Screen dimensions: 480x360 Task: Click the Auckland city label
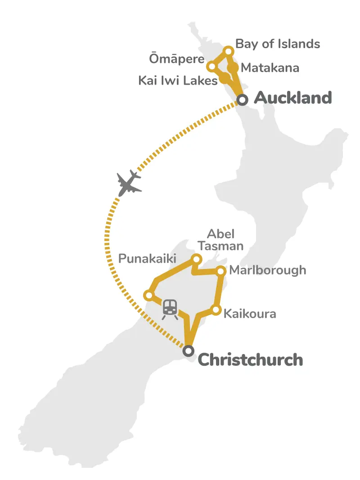[x=292, y=98]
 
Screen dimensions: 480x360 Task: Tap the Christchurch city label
[x=250, y=360]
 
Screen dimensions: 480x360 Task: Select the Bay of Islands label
[x=278, y=44]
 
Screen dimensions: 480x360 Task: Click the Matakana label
[x=270, y=68]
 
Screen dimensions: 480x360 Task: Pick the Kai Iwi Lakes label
[x=178, y=81]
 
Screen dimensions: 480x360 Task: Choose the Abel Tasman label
[x=225, y=240]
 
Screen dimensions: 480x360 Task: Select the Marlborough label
[x=267, y=270]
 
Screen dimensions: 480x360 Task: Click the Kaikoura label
[x=250, y=313]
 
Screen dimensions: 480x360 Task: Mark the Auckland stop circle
[x=243, y=100]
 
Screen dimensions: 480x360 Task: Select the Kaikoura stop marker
[x=216, y=310]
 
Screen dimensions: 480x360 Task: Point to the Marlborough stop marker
[x=221, y=270]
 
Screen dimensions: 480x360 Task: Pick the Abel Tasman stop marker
[x=196, y=259]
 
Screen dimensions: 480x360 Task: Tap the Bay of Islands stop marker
[x=229, y=51]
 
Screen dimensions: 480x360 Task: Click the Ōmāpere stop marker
[x=211, y=67]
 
